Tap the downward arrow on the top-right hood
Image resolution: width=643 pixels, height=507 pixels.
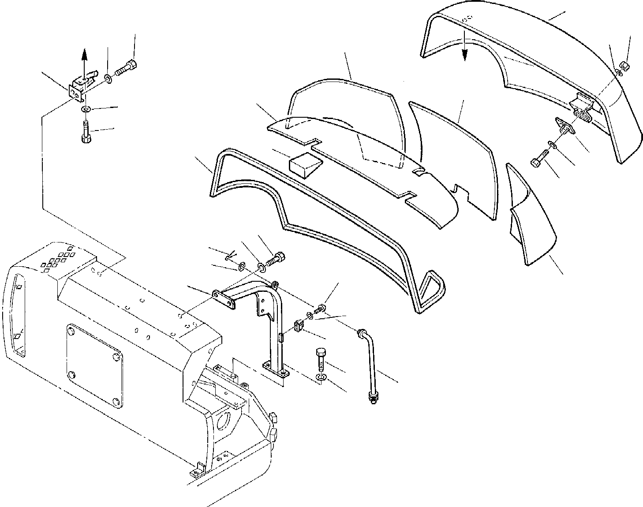coord(464,51)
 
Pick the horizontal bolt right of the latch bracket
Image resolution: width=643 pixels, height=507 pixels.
coord(127,69)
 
